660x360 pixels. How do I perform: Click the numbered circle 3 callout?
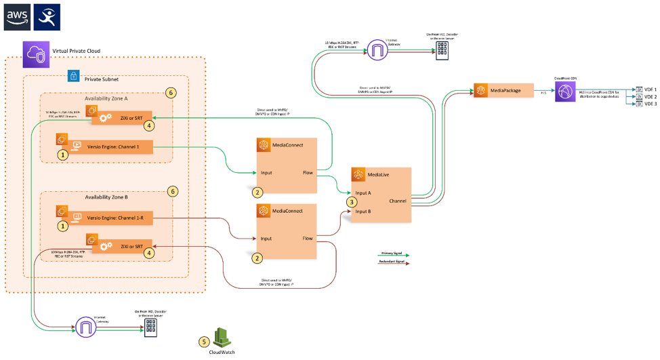tap(351, 201)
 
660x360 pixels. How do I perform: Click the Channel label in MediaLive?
tap(398, 201)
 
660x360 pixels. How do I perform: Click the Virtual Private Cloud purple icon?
tap(34, 54)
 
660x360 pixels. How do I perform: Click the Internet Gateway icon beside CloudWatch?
tap(86, 327)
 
